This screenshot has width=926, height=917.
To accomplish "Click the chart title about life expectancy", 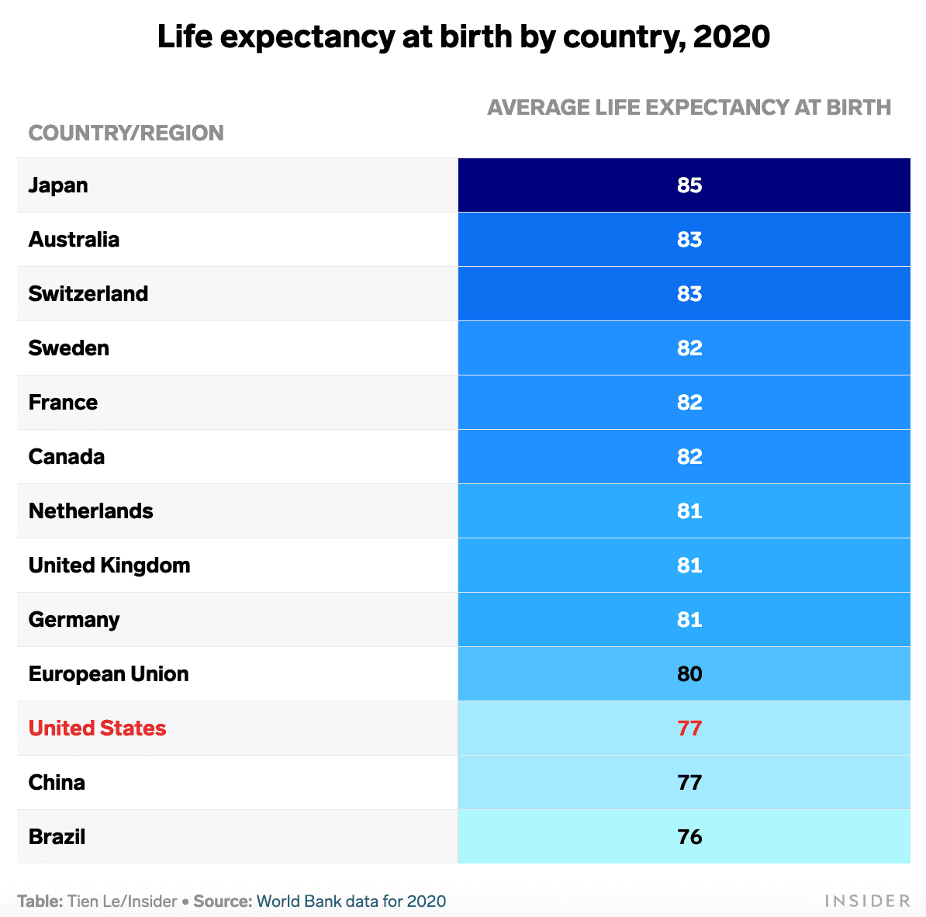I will [x=463, y=37].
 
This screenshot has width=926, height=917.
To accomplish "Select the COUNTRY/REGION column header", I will [x=126, y=133].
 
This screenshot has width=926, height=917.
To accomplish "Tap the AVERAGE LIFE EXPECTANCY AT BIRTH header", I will [x=689, y=107].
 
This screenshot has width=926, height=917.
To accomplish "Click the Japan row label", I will [x=58, y=185].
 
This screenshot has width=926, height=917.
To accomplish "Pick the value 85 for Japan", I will [x=689, y=185].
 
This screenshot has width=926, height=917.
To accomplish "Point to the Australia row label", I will [x=74, y=240].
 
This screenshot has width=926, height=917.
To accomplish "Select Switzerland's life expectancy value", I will [x=689, y=294].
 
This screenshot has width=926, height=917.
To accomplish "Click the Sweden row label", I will [x=68, y=348].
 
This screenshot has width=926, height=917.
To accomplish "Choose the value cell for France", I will [x=689, y=403].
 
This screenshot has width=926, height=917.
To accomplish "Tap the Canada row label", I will [x=66, y=457].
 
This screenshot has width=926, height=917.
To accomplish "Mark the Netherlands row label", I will [x=91, y=511].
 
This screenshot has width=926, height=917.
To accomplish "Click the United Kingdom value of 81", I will [x=689, y=566].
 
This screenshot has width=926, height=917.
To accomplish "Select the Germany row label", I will [x=74, y=620].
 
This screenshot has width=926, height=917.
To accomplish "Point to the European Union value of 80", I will [x=689, y=674].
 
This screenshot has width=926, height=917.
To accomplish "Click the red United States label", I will [x=97, y=728].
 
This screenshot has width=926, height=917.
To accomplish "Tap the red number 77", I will [x=689, y=728].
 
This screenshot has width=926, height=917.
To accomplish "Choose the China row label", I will [x=57, y=783].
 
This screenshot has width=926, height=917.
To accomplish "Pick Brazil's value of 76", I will [x=689, y=837].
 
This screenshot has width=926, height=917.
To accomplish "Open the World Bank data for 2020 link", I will [x=351, y=901].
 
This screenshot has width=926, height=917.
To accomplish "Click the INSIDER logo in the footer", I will [x=867, y=901].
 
